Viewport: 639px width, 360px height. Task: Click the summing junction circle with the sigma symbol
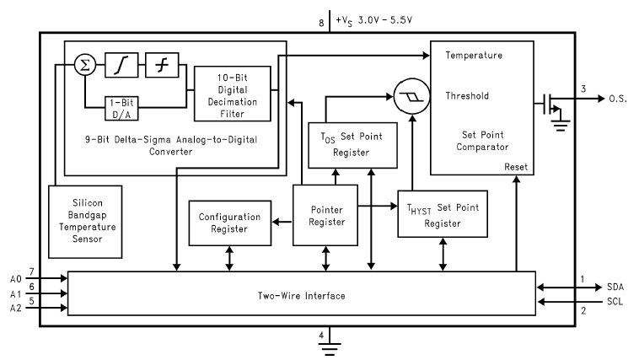[83, 64]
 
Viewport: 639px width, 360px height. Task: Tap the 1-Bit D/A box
[122, 108]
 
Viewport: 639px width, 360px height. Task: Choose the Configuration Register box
[230, 223]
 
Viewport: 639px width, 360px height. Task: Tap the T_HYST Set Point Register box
[443, 213]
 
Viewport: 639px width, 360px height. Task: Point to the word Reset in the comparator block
[515, 166]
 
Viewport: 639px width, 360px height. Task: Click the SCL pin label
[615, 302]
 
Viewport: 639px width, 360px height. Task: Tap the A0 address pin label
[15, 277]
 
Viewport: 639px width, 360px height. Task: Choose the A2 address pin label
[15, 309]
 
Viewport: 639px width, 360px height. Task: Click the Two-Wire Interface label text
[301, 296]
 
